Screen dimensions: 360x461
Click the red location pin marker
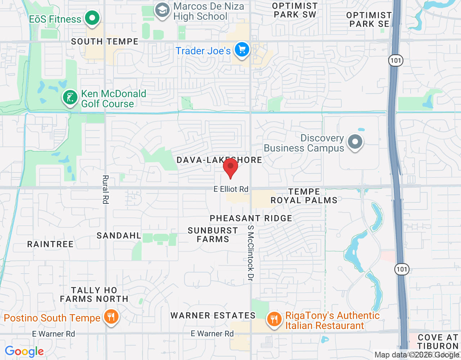coord(230,167)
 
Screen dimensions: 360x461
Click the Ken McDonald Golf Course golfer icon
coord(70,97)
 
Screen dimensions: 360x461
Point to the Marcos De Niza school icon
coord(162,10)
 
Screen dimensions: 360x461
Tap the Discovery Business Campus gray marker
coord(355,142)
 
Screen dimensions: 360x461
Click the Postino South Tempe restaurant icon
coord(111,317)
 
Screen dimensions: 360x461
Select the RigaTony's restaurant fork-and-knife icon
coord(274,319)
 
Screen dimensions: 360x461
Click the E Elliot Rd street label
coord(231,189)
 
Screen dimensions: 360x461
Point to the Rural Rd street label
coord(106,189)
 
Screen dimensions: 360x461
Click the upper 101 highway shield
coord(396,60)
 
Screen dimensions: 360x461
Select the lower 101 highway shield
coord(402,269)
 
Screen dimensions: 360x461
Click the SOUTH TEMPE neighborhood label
coord(105,42)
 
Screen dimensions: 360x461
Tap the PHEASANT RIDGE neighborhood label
coord(251,218)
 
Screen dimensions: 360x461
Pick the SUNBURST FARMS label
coord(213,235)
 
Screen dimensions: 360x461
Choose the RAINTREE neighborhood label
coord(50,244)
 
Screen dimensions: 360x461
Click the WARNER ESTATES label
coord(213,315)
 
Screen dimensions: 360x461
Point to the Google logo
coord(24,351)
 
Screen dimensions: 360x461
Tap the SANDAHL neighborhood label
coord(119,235)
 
